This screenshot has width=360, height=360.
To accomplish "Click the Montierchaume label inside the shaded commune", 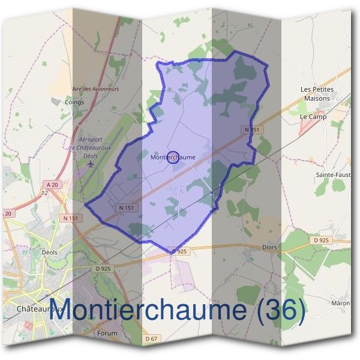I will coord(173,157).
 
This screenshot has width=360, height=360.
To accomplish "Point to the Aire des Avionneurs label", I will coord(95,89).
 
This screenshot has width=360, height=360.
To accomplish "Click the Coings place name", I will coord(74,102).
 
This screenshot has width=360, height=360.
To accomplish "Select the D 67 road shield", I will coord(151,339).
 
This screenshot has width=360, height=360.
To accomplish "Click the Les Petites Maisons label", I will coord(317,94).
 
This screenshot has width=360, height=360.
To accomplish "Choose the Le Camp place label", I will coord(313,117).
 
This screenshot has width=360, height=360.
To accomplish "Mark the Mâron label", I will coord(340,304).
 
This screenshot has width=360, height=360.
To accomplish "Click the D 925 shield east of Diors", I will coord(322,241).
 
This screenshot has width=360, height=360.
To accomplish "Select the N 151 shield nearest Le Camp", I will coord(253,130).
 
